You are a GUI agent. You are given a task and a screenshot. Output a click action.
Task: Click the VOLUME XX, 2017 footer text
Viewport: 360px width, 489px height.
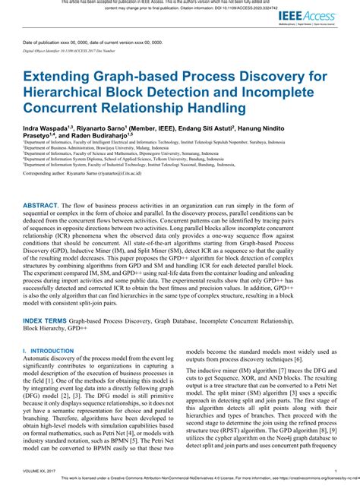(40, 471)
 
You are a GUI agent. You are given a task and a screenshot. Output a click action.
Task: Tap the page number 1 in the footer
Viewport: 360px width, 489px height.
(336, 471)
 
